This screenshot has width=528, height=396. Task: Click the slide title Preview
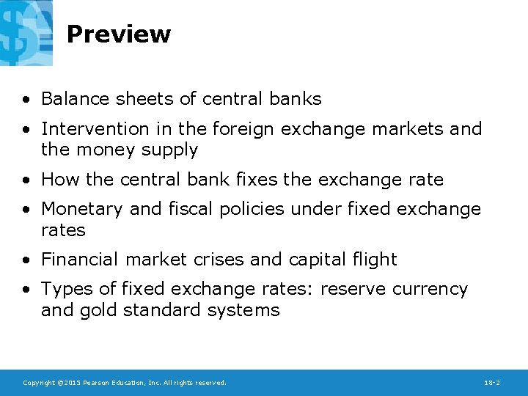(x=118, y=34)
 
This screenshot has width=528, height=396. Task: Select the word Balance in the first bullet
(x=75, y=99)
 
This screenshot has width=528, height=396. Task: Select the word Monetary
(x=82, y=209)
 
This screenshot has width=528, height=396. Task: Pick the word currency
(x=430, y=290)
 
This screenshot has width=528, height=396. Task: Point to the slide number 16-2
(x=492, y=383)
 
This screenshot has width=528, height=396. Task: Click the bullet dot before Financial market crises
(x=26, y=260)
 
